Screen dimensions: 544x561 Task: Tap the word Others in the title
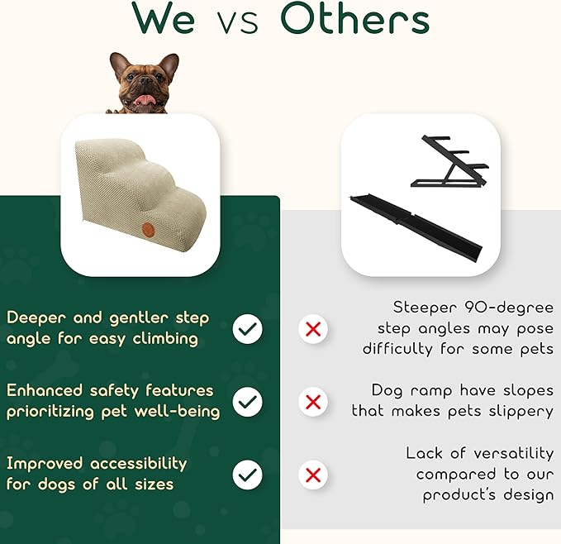354,20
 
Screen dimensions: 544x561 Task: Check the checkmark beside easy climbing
247,329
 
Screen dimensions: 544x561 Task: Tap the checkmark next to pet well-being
247,402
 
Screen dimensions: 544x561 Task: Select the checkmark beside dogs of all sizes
247,475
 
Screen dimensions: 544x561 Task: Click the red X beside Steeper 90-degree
313,329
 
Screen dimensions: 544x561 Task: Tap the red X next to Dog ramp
313,402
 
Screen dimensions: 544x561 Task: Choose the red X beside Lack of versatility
313,475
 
